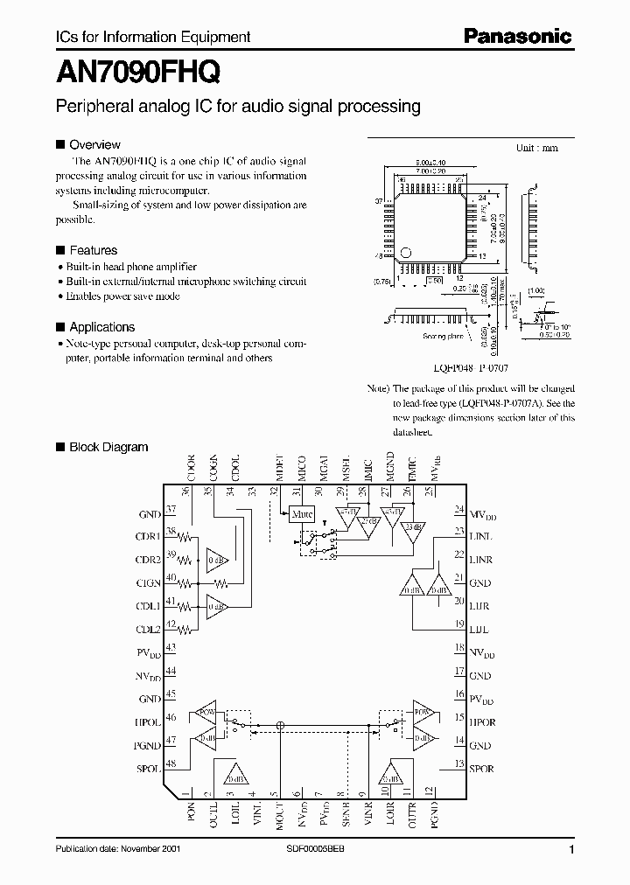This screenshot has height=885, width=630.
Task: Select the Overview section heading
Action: [x=94, y=144]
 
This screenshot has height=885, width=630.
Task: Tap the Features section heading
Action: [x=93, y=250]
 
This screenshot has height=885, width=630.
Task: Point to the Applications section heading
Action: [x=101, y=327]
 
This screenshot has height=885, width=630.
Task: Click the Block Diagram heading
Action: [x=108, y=447]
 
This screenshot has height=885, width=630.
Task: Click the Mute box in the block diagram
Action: [x=303, y=514]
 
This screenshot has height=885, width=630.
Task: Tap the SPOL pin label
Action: [x=148, y=769]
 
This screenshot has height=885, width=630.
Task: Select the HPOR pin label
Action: [x=482, y=723]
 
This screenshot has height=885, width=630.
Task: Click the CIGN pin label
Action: [x=148, y=582]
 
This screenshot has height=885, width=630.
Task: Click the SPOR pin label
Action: [x=481, y=769]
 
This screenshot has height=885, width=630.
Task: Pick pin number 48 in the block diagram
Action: [x=171, y=763]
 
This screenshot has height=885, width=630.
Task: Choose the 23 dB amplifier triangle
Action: [x=410, y=527]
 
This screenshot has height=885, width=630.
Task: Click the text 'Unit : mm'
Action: [x=536, y=148]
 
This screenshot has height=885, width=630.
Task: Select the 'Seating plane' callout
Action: [x=442, y=336]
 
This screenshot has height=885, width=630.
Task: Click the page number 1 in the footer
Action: [x=571, y=850]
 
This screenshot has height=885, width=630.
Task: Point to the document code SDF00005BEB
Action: [x=316, y=850]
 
